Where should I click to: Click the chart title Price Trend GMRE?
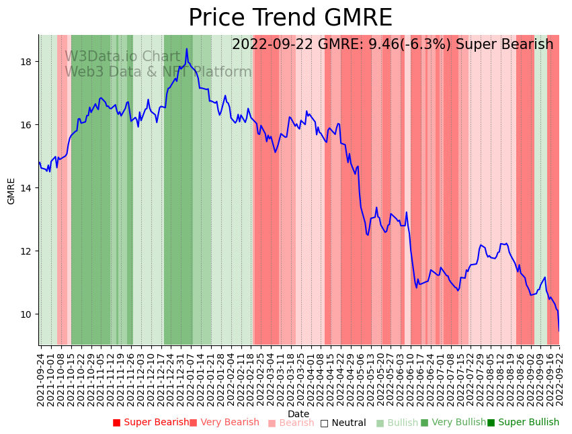coord(290,18)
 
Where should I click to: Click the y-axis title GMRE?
coord(11,191)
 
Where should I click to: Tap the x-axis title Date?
coord(298,414)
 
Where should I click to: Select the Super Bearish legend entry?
coord(151,423)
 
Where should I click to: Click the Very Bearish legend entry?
coord(224,423)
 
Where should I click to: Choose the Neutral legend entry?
coord(343,423)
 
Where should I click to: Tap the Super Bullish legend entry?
coord(524,423)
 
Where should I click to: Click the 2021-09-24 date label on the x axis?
coord(40,380)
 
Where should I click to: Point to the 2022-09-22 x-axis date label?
coord(559,380)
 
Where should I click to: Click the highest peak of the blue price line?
coord(187,49)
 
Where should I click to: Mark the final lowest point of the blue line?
coord(559,331)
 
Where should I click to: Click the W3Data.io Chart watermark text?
coord(123,56)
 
